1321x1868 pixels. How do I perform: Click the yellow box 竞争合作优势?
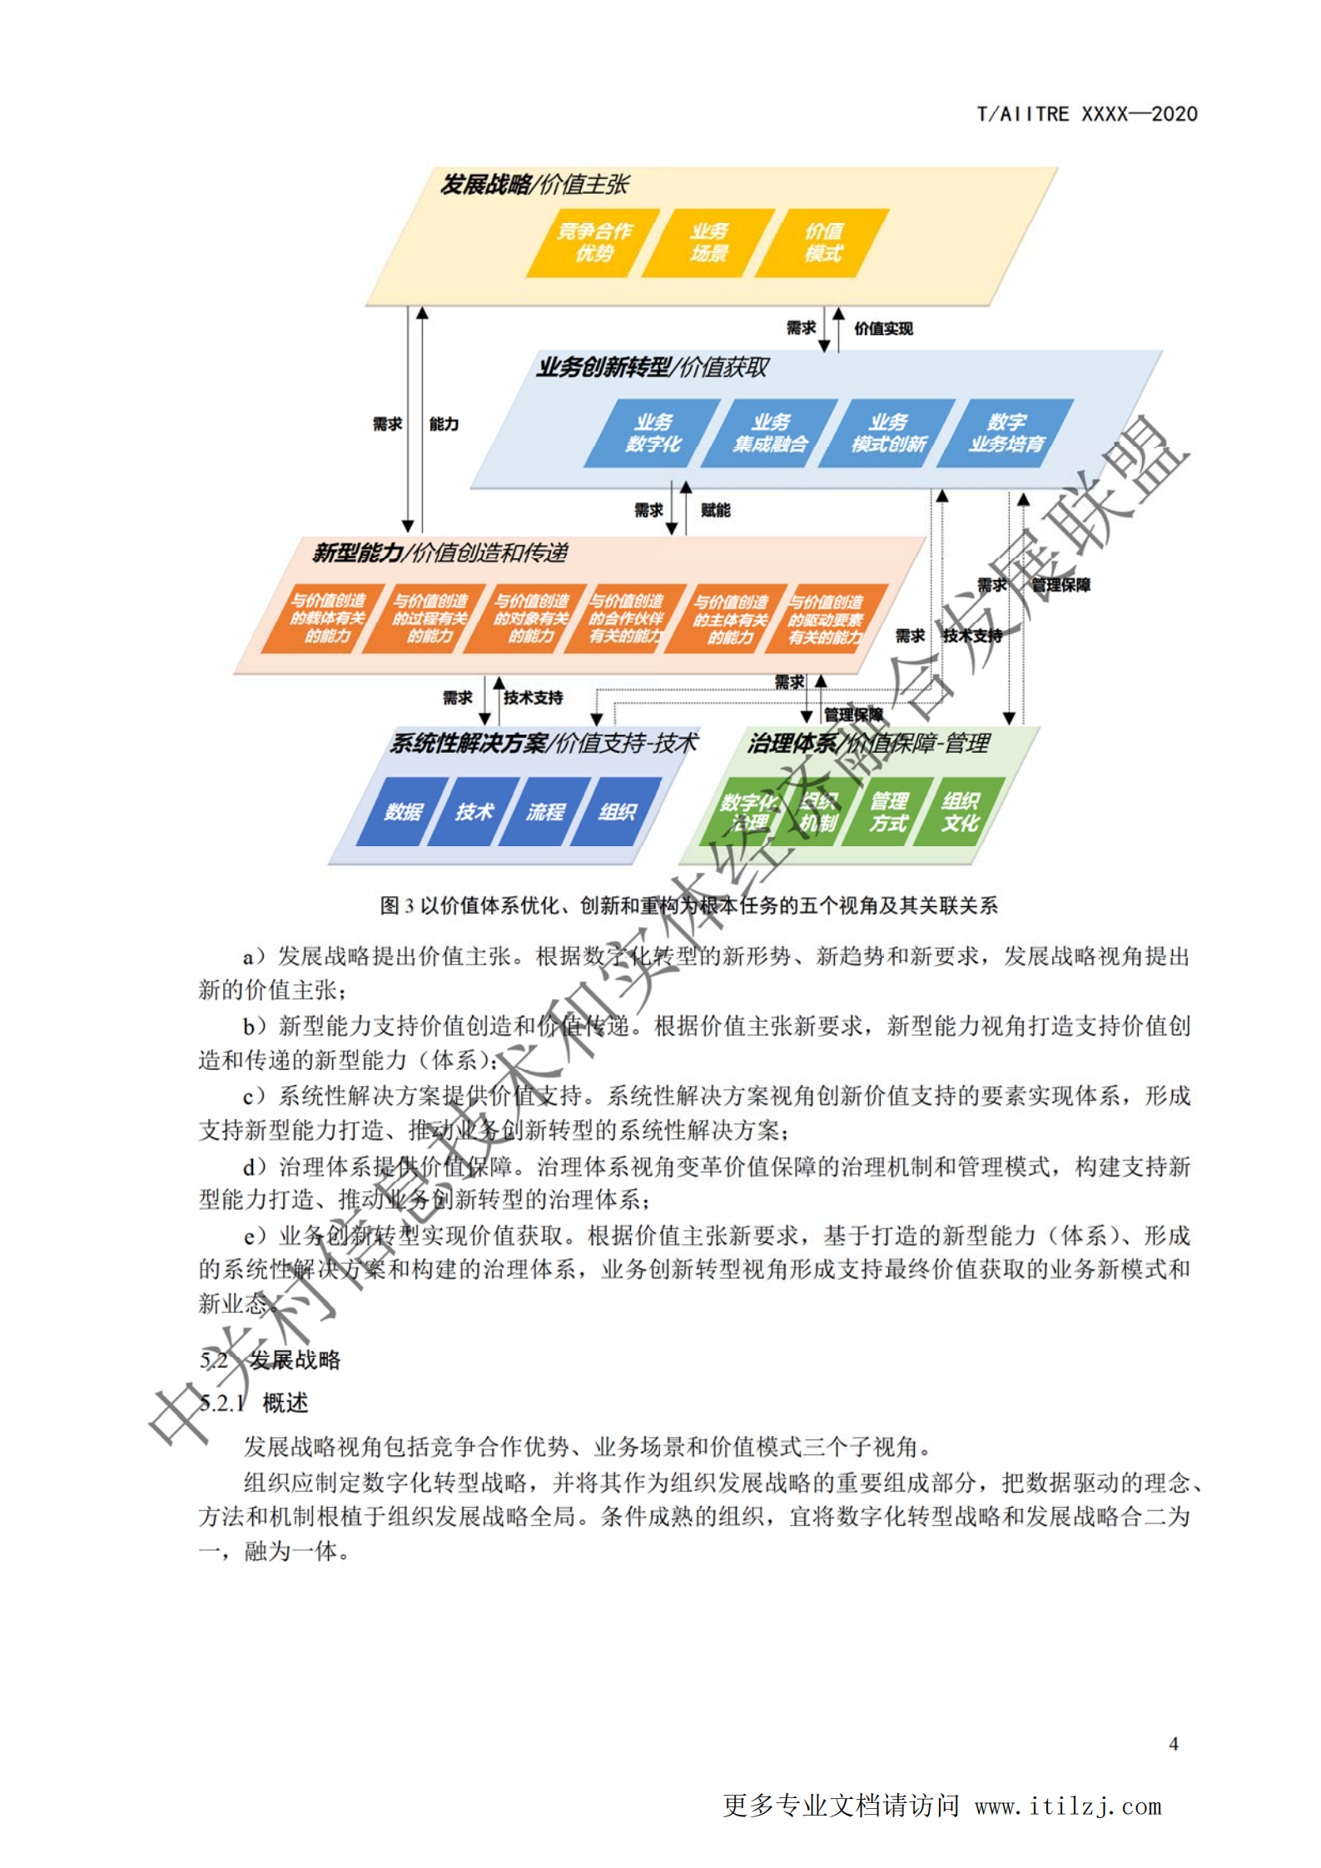[x=593, y=242]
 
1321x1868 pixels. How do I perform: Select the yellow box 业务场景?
[x=708, y=242]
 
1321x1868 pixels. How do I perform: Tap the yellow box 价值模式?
[x=823, y=242]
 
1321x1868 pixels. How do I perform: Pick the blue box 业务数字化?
[x=653, y=433]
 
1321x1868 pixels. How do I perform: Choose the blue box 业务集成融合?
[x=770, y=433]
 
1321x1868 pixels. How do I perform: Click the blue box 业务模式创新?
[x=888, y=433]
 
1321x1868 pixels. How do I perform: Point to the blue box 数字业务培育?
[x=1006, y=433]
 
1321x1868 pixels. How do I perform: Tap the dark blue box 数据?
[x=403, y=811]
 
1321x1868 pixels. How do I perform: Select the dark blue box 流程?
[x=545, y=811]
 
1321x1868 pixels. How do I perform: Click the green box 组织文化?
[x=960, y=811]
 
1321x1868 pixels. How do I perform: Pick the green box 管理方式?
[x=888, y=811]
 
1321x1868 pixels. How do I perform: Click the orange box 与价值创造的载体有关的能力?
[x=326, y=618]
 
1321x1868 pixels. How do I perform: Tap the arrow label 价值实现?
[x=883, y=329]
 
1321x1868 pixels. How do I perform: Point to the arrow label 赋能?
[x=715, y=510]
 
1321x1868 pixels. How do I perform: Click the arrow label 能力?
[x=444, y=424]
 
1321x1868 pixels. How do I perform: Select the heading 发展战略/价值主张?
[x=534, y=185]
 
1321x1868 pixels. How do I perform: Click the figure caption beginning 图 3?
[x=688, y=905]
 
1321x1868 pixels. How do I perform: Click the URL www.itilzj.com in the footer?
[x=1068, y=1806]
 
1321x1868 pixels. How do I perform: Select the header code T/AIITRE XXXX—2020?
[x=1087, y=114]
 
